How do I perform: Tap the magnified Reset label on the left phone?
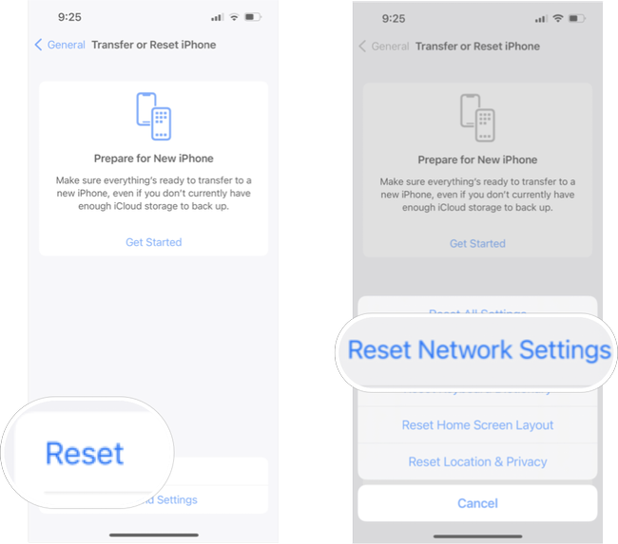(x=85, y=453)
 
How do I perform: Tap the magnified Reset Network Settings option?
(x=479, y=350)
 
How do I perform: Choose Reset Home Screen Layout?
(x=477, y=425)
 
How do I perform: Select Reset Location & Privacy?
(x=477, y=461)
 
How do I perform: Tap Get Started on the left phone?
(x=153, y=242)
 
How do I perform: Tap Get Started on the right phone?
(x=477, y=243)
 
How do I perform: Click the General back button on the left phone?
(x=60, y=45)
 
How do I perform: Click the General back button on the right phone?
(x=384, y=46)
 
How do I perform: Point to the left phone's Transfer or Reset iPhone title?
(x=153, y=45)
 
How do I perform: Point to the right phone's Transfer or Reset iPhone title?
(x=477, y=46)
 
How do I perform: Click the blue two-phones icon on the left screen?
(x=153, y=116)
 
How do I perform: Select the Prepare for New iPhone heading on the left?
(x=153, y=159)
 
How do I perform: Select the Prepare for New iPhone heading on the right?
(x=477, y=159)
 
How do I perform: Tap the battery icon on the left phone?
(x=253, y=17)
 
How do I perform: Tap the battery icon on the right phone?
(x=577, y=18)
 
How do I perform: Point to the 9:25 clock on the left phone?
(x=70, y=17)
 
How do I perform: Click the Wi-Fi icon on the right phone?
(x=557, y=18)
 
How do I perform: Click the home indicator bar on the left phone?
(x=153, y=534)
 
